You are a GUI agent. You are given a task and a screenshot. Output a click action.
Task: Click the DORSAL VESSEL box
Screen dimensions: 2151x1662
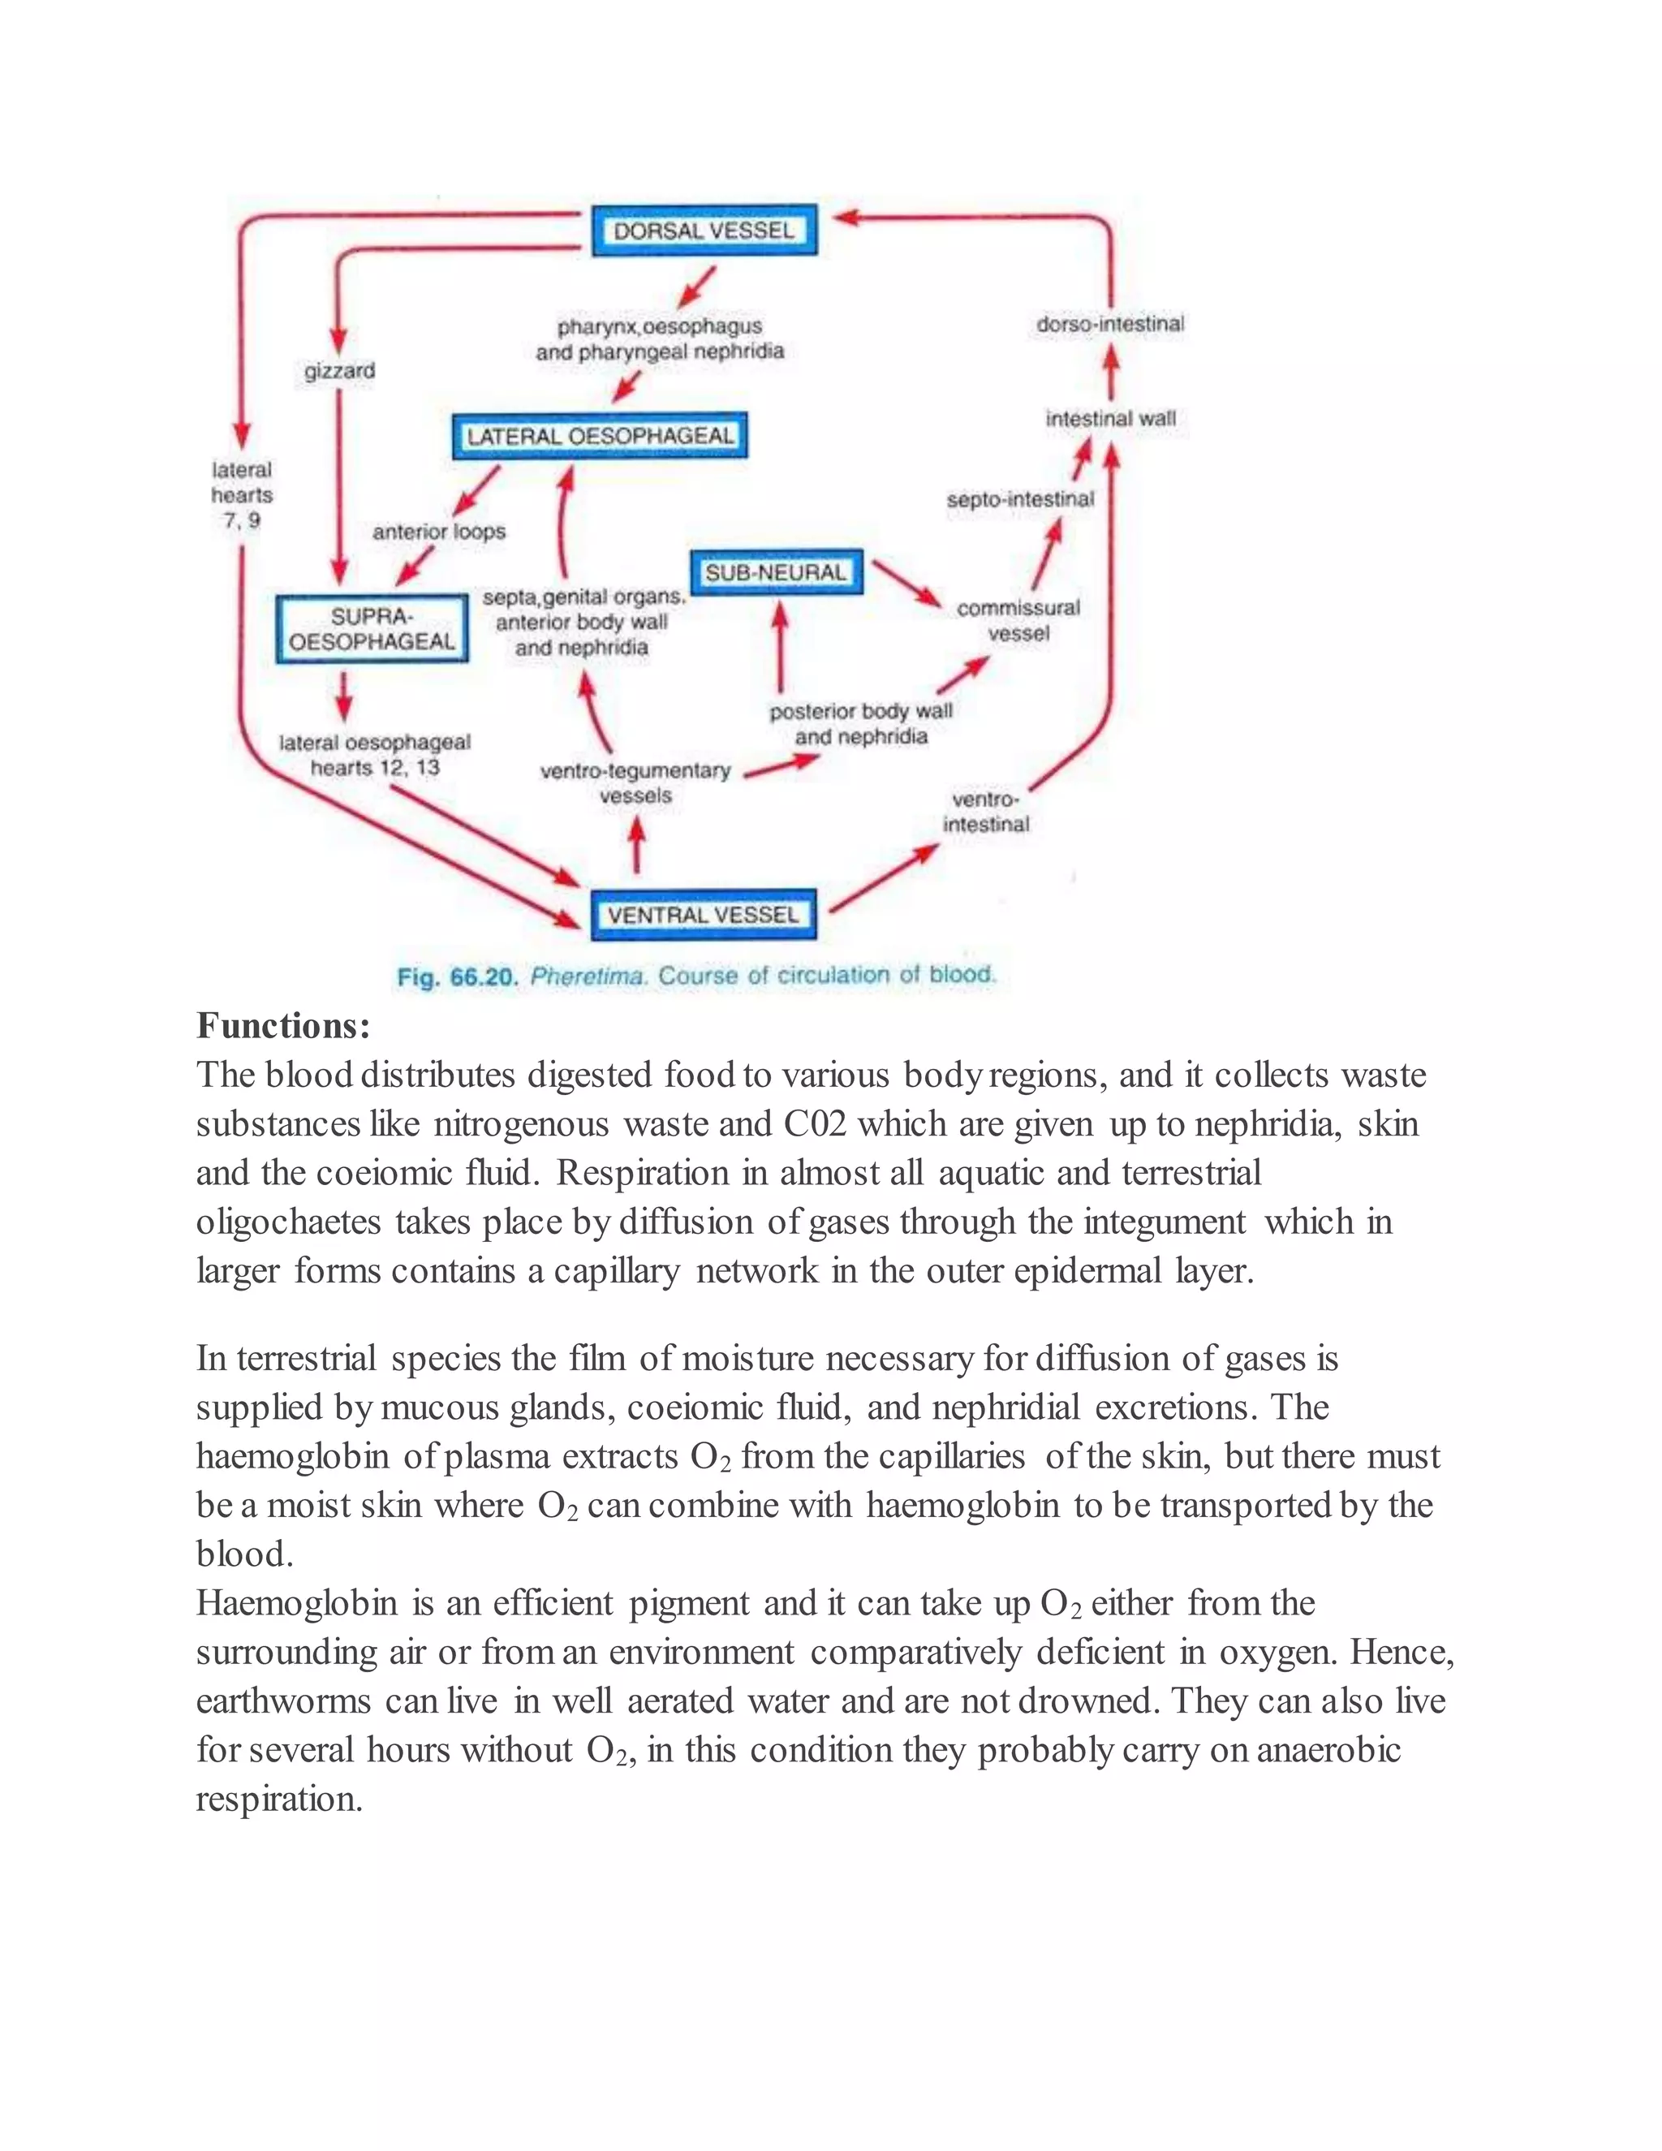(x=704, y=231)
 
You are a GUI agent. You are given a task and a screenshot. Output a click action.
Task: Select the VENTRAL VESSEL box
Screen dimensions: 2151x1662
(x=703, y=915)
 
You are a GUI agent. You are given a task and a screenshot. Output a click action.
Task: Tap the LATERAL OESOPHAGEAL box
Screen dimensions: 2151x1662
(x=600, y=435)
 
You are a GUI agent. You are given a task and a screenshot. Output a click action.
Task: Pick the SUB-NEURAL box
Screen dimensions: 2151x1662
(x=776, y=572)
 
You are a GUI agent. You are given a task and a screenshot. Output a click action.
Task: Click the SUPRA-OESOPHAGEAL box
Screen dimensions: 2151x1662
(x=372, y=628)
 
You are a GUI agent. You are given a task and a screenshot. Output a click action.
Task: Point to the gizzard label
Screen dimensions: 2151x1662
(x=340, y=371)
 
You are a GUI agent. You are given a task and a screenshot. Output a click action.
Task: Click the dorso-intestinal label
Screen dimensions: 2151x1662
(x=1109, y=324)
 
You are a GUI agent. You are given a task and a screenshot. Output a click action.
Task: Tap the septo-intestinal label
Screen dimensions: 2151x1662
(x=1020, y=499)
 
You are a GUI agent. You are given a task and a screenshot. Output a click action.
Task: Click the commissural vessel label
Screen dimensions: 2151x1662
(x=1018, y=620)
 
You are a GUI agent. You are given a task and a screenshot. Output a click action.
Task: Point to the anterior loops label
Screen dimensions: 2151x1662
(x=439, y=532)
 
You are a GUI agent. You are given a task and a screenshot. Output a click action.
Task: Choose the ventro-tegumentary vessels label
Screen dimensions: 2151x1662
(x=636, y=783)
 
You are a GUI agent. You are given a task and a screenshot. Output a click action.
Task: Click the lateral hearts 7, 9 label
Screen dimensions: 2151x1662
(x=242, y=495)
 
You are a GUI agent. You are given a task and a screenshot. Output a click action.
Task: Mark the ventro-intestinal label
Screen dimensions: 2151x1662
(x=985, y=812)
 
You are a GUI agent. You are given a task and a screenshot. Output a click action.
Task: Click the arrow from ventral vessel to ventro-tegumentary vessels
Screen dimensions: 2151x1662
(x=637, y=847)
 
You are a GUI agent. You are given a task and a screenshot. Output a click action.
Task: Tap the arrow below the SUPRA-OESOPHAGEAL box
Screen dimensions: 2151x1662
(x=342, y=696)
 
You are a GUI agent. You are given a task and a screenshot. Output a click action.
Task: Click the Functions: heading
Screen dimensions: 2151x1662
(x=283, y=1026)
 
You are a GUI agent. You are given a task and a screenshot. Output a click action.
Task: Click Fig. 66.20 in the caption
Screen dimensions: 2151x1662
(x=457, y=977)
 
